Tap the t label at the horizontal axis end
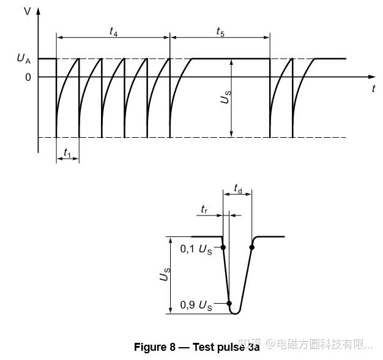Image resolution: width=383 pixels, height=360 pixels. click(x=373, y=89)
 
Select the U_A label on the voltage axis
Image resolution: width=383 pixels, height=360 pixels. click(x=23, y=59)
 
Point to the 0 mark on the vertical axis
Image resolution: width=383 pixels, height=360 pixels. click(x=28, y=77)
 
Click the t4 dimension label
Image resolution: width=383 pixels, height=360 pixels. click(x=113, y=31)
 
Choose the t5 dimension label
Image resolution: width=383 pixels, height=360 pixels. click(x=220, y=31)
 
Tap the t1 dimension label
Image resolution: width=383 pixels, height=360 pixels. click(x=67, y=150)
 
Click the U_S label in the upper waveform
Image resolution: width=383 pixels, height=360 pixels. click(x=226, y=96)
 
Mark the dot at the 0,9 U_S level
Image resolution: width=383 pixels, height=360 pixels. click(x=229, y=303)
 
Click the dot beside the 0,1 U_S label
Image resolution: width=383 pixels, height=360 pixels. click(x=223, y=247)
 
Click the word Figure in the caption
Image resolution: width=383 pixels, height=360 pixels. click(x=151, y=347)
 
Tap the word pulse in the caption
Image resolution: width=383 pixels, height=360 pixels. click(x=229, y=347)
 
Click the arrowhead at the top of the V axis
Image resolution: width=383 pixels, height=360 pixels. click(x=39, y=10)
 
